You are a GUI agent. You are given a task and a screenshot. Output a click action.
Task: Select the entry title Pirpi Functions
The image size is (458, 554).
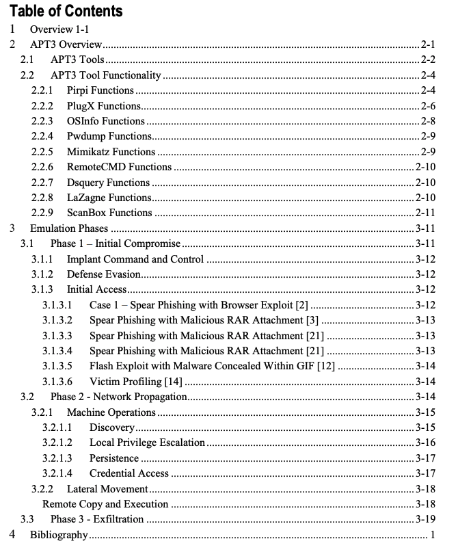(x=100, y=90)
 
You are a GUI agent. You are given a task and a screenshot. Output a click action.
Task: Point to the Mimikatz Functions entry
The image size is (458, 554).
(x=111, y=152)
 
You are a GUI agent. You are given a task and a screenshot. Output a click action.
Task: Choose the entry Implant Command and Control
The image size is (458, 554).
(x=135, y=259)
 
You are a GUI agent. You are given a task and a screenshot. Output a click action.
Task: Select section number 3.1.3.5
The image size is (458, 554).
(x=57, y=367)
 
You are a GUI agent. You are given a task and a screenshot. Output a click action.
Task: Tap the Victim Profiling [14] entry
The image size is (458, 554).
(x=135, y=382)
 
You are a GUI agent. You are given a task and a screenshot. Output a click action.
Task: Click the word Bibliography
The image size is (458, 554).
(x=59, y=534)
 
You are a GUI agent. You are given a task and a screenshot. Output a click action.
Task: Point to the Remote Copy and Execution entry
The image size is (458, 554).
(x=105, y=504)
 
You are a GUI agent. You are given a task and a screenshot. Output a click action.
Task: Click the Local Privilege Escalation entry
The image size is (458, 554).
(x=147, y=443)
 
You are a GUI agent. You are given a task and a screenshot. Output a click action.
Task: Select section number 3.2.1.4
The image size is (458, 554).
(x=57, y=473)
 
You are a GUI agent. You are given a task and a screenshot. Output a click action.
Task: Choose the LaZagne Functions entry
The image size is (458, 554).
(x=109, y=198)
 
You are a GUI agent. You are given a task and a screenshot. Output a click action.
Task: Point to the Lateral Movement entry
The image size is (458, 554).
(x=107, y=489)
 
